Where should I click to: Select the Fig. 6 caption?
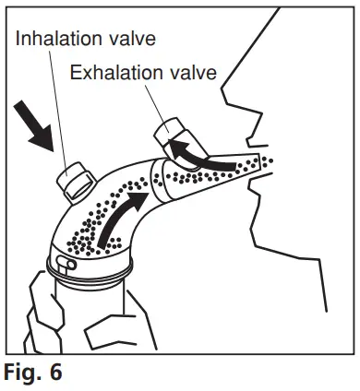pos(35,375)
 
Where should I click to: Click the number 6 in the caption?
pos(62,375)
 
